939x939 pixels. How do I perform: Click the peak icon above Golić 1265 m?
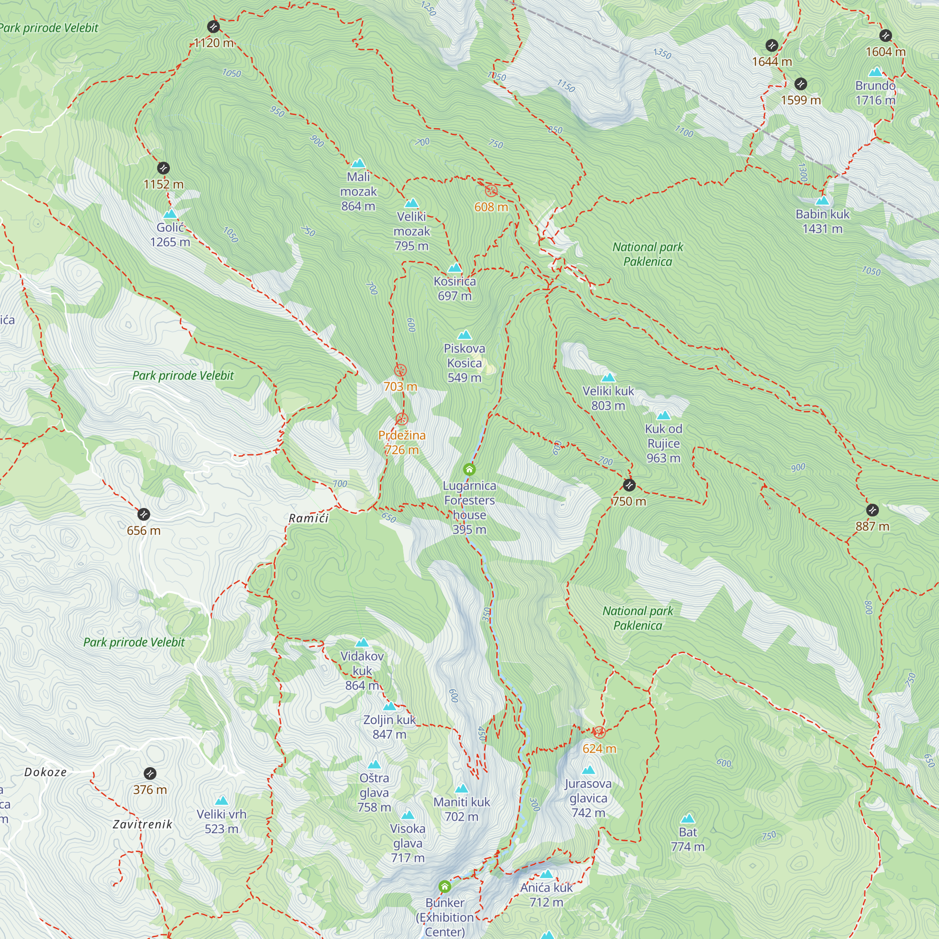(x=170, y=214)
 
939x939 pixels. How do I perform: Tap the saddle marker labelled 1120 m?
(x=213, y=27)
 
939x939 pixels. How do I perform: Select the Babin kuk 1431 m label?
(x=823, y=221)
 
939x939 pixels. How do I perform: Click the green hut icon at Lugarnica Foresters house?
(x=469, y=469)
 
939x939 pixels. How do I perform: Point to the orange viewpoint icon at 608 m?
(x=491, y=191)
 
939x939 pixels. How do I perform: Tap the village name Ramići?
(x=308, y=518)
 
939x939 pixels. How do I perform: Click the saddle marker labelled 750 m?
(x=629, y=485)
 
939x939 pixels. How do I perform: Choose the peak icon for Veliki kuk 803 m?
(x=608, y=377)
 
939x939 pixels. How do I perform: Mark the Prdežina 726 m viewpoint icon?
(x=401, y=419)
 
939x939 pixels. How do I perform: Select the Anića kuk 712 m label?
(x=546, y=895)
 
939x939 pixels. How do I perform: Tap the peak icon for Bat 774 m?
(x=688, y=819)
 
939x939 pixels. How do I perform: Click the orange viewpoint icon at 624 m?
(x=599, y=732)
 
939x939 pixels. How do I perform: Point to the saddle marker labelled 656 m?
(x=143, y=514)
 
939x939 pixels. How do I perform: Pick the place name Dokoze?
(x=45, y=772)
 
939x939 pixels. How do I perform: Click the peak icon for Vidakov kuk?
(x=362, y=643)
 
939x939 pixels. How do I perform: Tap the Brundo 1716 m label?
(x=875, y=93)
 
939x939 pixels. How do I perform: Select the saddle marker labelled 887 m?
(x=872, y=510)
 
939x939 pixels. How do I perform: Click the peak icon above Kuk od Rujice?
(x=663, y=416)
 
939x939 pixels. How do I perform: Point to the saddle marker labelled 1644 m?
(x=772, y=46)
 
